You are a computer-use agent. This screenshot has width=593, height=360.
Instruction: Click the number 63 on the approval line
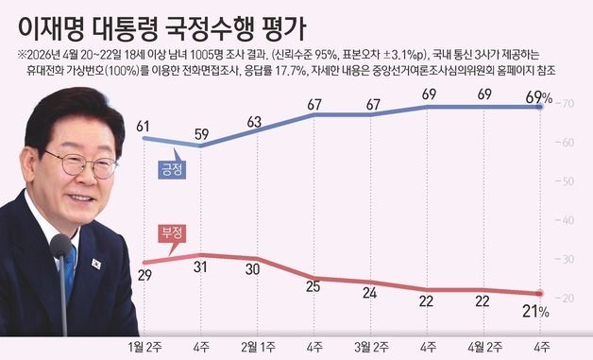[x=255, y=121]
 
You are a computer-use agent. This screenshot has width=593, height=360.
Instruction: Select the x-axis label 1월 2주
[x=144, y=347]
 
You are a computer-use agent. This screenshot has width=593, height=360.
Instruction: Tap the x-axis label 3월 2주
[x=371, y=347]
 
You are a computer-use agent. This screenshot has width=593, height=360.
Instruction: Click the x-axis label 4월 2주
[x=484, y=347]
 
